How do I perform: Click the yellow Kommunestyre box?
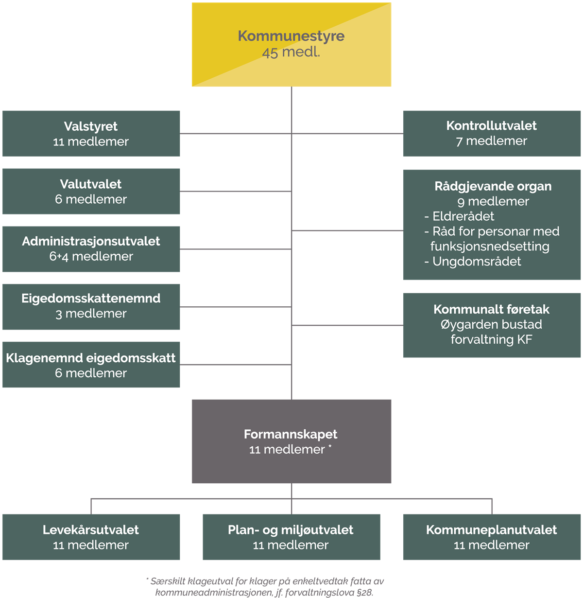click(x=291, y=45)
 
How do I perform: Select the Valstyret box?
click(x=91, y=134)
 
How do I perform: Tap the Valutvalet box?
click(x=91, y=192)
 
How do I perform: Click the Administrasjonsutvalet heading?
click(x=91, y=241)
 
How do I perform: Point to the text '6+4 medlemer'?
click(x=91, y=256)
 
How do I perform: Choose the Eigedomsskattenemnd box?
click(x=91, y=307)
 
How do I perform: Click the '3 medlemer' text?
click(x=91, y=314)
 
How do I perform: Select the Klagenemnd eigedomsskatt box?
click(x=91, y=365)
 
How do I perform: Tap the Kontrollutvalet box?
click(x=492, y=133)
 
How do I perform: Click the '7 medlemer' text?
click(x=492, y=141)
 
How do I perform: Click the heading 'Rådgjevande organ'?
click(x=493, y=186)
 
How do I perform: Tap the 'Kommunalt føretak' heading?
click(x=492, y=309)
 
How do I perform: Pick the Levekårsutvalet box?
click(x=91, y=537)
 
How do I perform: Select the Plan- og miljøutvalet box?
click(x=291, y=537)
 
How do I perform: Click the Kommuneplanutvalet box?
click(x=492, y=537)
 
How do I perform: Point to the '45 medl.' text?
click(x=291, y=52)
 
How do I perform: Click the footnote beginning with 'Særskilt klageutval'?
click(x=265, y=586)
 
